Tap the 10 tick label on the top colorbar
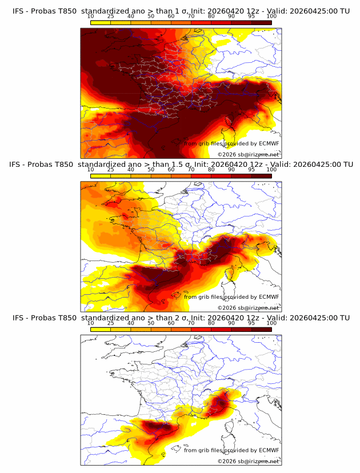coord(90,16)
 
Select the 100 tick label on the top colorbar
coord(271,16)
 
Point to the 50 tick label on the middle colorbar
coord(151,170)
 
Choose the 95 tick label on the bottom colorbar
coord(251,323)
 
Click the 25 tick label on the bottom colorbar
coord(111,323)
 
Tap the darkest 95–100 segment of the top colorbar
coord(262,22)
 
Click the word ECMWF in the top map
coord(269,144)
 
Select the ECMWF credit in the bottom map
coord(269,450)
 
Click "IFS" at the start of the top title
coord(18,11)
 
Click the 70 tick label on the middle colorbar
coord(191,170)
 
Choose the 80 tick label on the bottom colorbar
coord(211,323)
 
